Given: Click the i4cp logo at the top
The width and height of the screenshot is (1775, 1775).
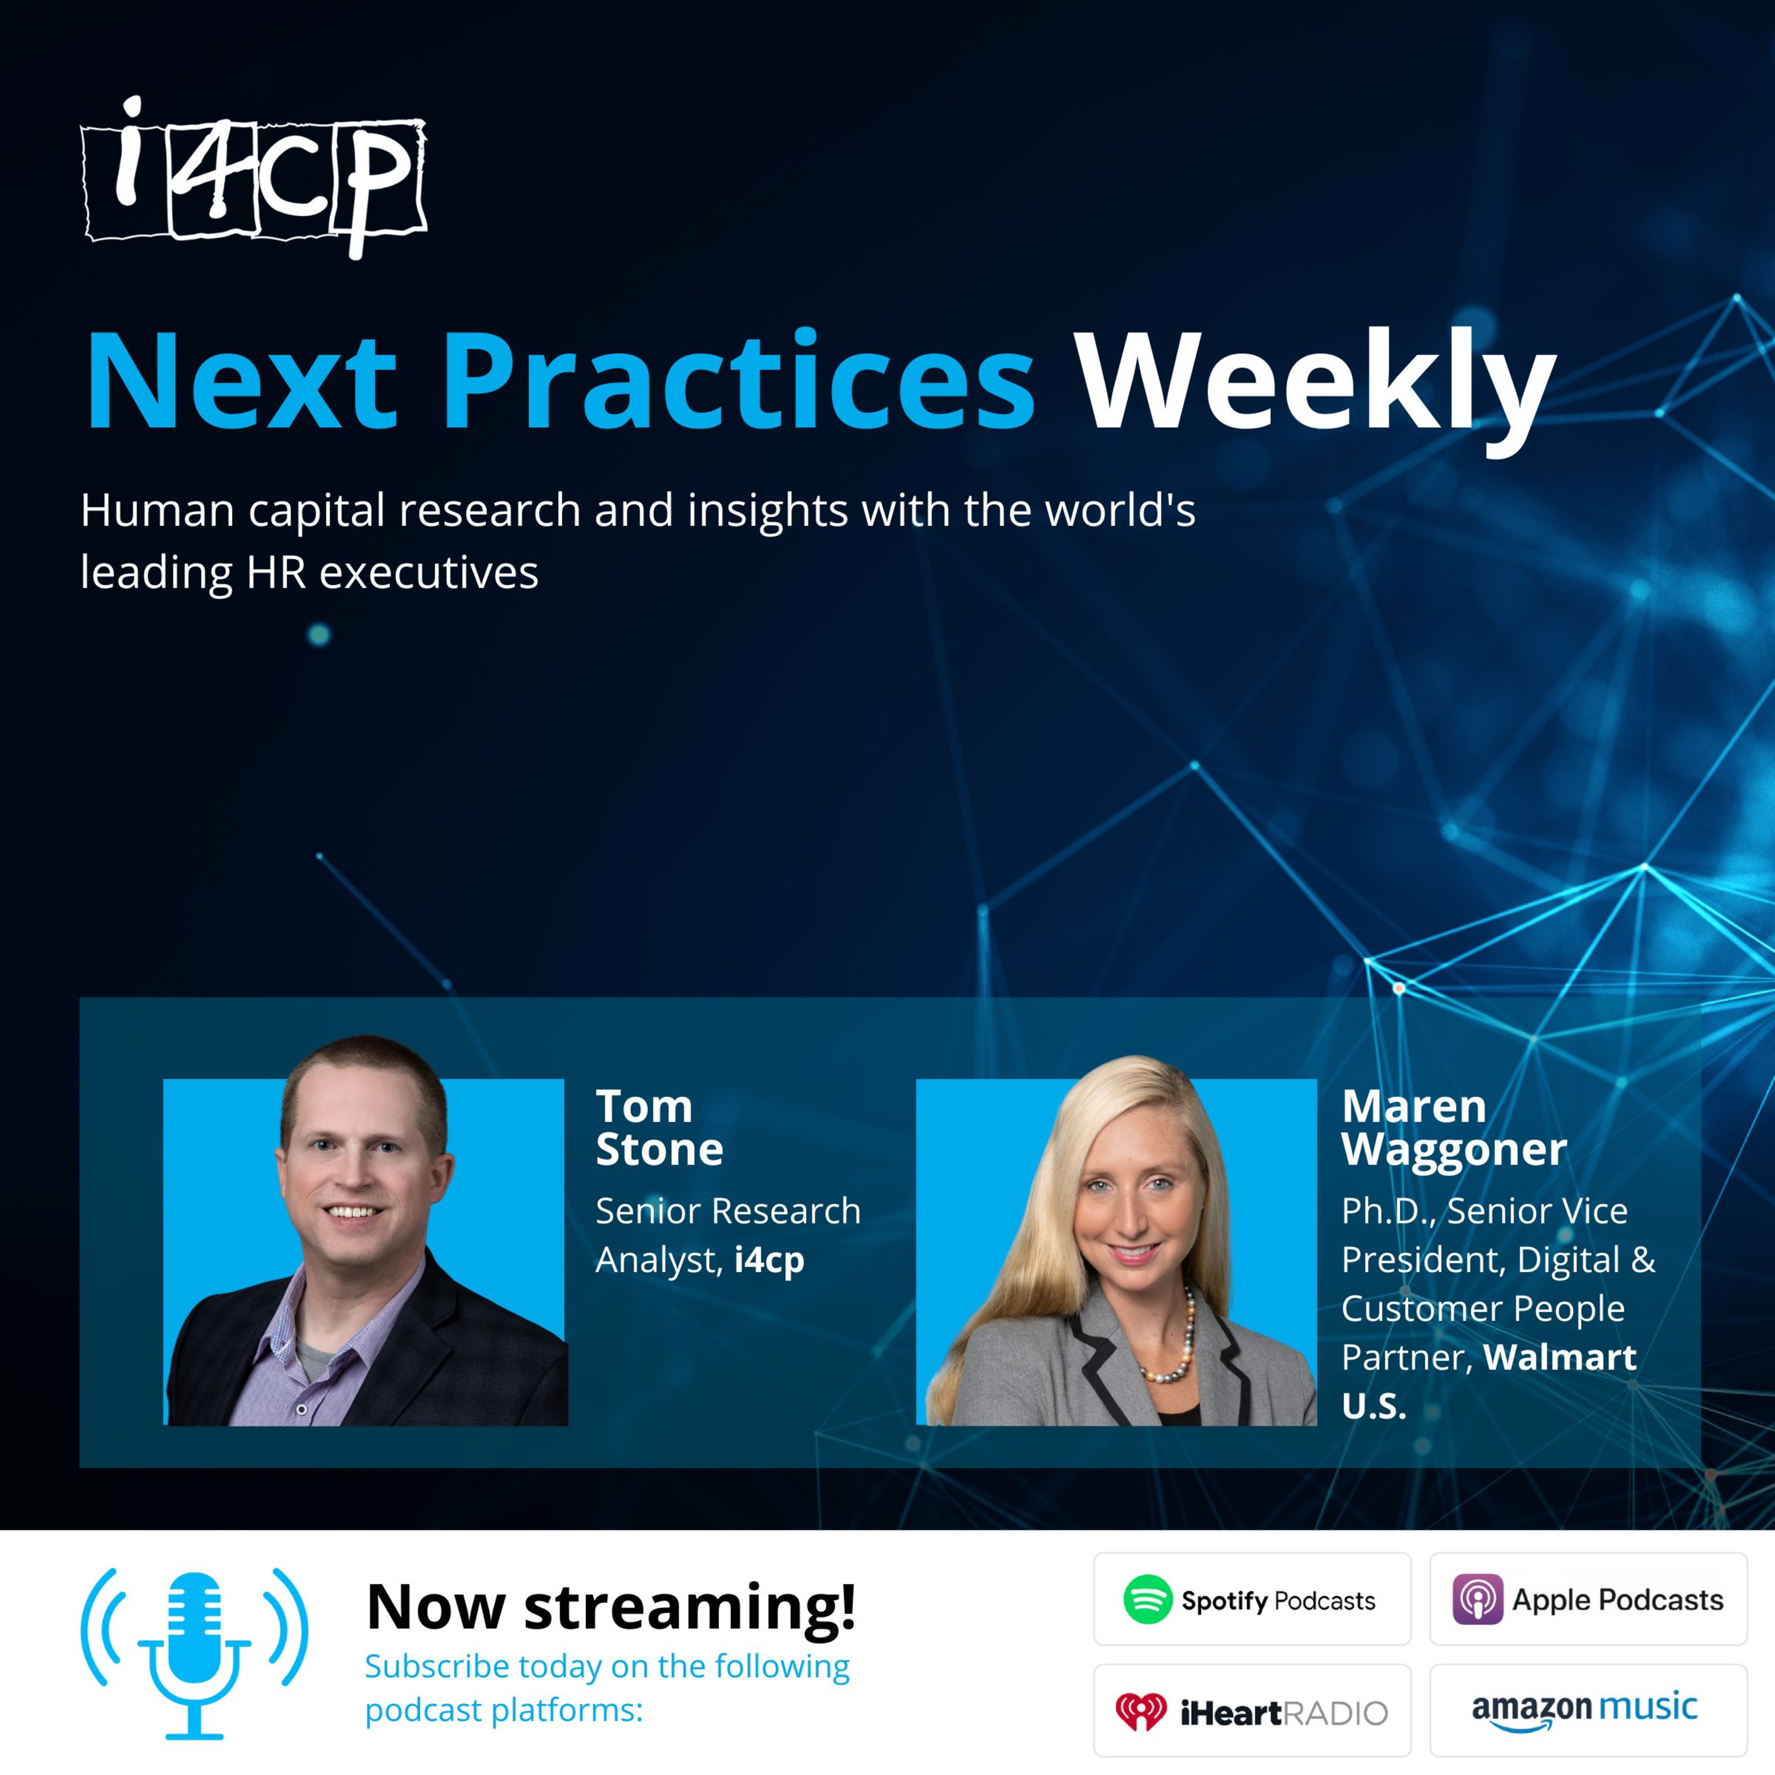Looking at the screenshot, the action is [x=254, y=178].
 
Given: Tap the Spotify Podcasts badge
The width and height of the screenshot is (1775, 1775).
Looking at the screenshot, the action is [x=1252, y=1599].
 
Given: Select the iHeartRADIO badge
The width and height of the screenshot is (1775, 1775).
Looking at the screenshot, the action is [x=1252, y=1711].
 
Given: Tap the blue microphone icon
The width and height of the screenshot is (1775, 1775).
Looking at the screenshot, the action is [x=194, y=1654].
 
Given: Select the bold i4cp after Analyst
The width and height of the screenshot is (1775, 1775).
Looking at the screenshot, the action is [x=770, y=1260].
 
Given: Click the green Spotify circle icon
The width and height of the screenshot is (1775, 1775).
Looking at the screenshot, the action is [x=1147, y=1599].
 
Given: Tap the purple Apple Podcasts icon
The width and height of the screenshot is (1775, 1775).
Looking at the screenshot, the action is [x=1477, y=1599].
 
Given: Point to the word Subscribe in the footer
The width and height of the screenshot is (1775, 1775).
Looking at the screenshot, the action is [x=437, y=1666].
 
